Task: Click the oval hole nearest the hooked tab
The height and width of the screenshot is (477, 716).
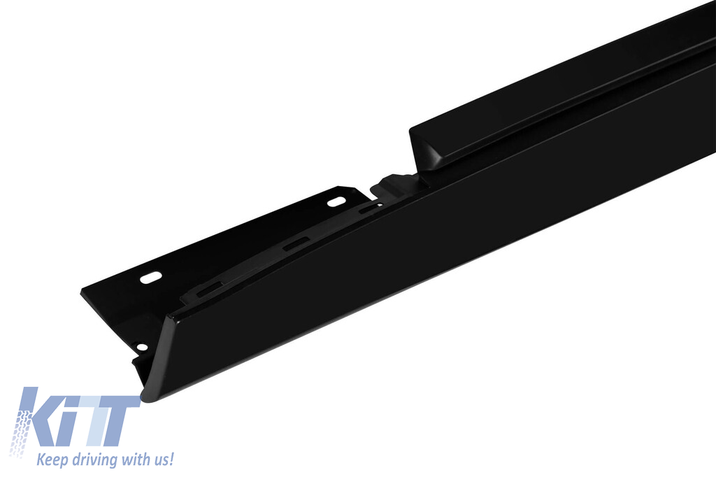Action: click(x=336, y=201)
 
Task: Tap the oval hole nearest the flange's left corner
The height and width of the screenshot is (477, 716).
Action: click(x=151, y=277)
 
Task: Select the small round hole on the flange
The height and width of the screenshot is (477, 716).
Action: click(x=142, y=347)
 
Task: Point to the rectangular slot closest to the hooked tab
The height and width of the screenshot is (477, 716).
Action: click(x=369, y=209)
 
